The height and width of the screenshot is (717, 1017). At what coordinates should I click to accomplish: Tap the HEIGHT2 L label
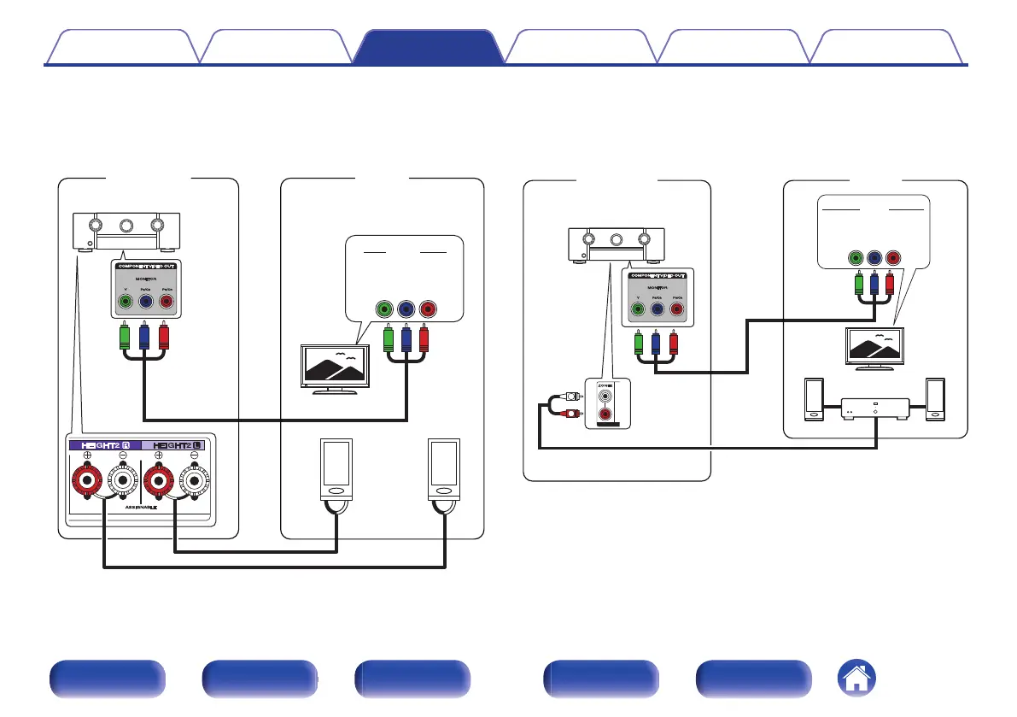coord(177,445)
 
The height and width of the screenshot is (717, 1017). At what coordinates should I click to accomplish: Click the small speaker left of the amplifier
coord(814,399)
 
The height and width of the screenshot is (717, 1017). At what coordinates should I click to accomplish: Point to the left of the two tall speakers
coord(336,470)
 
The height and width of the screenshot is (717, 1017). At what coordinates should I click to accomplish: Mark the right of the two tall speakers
coord(444,470)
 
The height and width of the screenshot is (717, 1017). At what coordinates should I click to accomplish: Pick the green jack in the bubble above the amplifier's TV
coord(856,259)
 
